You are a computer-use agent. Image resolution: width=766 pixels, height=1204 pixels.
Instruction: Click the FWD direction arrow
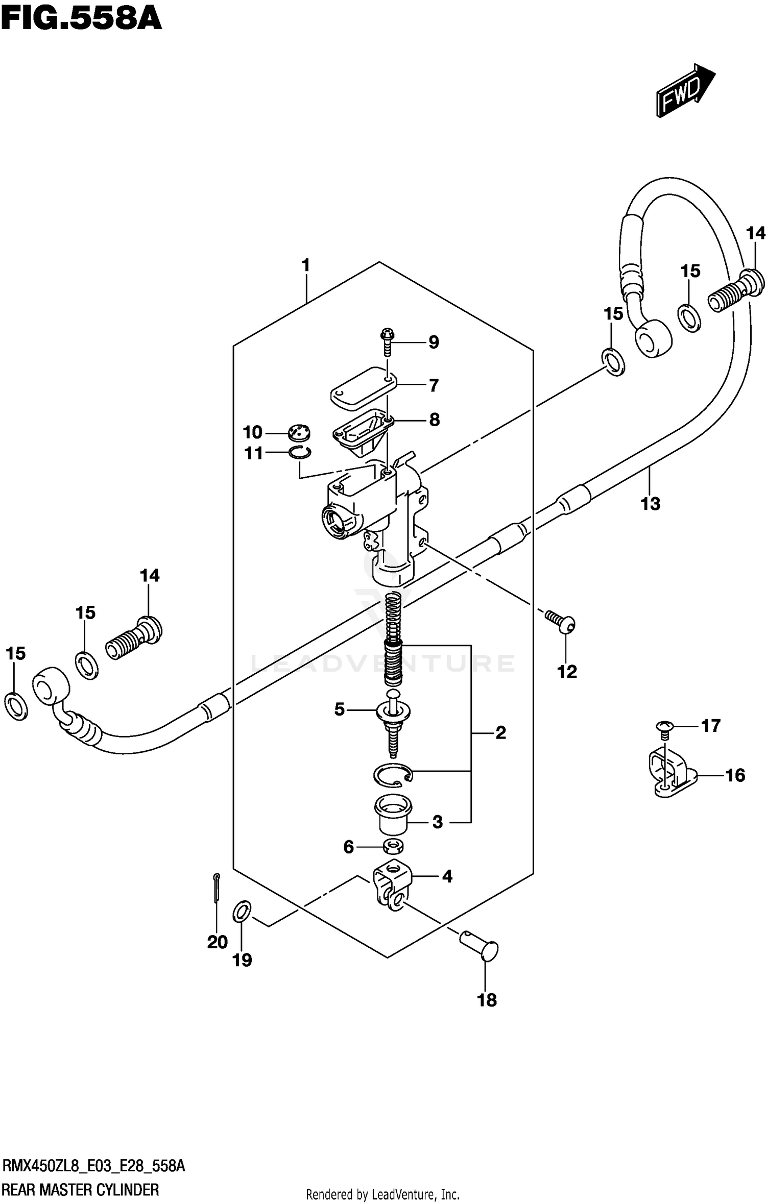(684, 91)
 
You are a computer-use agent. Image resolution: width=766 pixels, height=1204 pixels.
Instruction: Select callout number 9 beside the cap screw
(434, 342)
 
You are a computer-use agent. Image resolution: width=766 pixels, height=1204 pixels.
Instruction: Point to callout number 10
(252, 433)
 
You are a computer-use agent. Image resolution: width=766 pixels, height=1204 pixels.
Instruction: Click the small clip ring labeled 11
(300, 452)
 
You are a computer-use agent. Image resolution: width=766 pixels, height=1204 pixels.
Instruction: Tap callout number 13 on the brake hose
(650, 504)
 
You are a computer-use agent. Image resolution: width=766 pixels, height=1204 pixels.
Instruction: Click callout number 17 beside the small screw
(710, 725)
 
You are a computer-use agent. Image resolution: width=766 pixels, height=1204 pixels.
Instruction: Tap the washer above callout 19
(242, 912)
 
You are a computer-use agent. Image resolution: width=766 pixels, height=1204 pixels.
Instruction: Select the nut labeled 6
(394, 848)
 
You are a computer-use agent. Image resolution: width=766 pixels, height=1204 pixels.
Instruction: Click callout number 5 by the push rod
(340, 709)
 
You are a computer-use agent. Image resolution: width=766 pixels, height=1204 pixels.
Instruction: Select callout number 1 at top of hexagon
(305, 265)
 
